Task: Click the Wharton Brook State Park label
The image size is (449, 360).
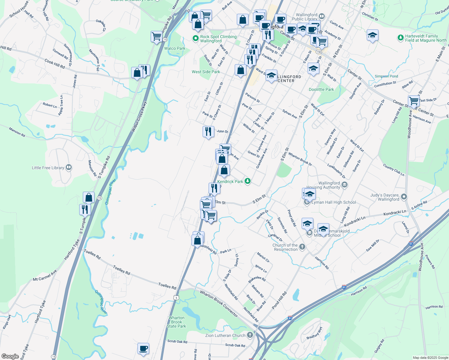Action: point(176,322)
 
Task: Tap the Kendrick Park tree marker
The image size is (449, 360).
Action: point(247,181)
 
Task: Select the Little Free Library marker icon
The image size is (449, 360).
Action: point(69,167)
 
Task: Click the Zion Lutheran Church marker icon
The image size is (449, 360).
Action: point(250,335)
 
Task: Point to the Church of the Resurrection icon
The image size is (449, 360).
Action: point(302,247)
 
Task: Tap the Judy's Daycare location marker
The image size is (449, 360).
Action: point(404,197)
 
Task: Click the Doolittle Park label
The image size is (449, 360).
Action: point(321,89)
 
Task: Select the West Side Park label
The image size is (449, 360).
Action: point(206,72)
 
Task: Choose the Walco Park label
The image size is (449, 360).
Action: point(175,48)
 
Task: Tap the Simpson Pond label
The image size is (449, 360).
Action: point(386,76)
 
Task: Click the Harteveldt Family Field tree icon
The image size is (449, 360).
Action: point(400,38)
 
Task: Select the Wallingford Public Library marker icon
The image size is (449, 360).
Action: point(322,16)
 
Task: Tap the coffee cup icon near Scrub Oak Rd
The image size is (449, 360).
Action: point(143,349)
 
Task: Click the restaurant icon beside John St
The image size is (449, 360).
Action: point(208,131)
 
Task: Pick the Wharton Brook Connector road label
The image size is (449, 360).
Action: point(219,304)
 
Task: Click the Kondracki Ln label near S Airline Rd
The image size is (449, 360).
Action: point(394,212)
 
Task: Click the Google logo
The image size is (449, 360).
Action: point(10,356)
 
